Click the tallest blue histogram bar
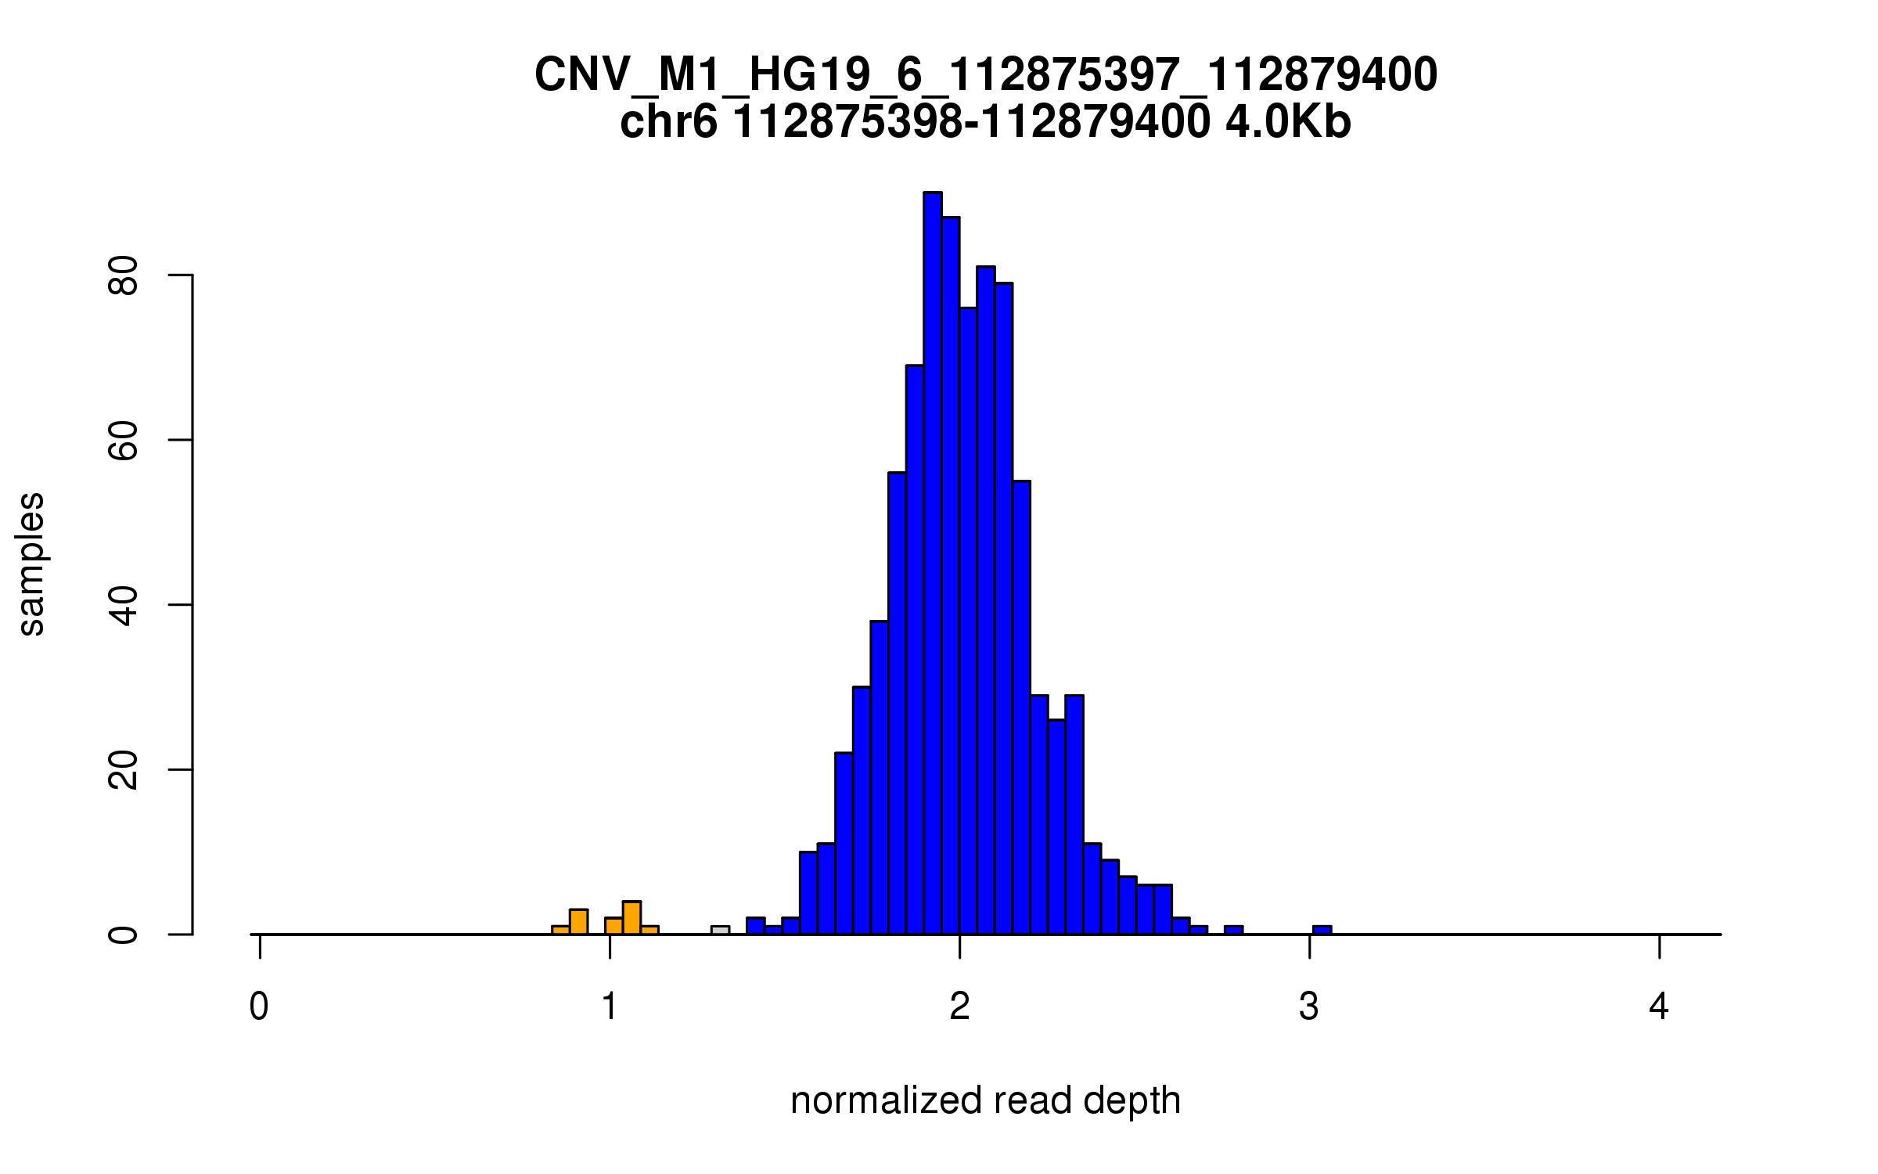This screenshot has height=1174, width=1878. pyautogui.click(x=932, y=564)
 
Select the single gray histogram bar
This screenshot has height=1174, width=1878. pyautogui.click(x=720, y=930)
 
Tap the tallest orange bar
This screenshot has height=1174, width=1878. pyautogui.click(x=631, y=918)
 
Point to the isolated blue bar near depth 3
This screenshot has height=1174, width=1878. pyautogui.click(x=1322, y=930)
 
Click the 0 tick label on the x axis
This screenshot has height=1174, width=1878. pyautogui.click(x=259, y=1007)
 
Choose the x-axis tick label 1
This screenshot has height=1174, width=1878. pyautogui.click(x=610, y=1007)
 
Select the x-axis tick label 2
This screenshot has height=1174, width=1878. pyautogui.click(x=959, y=1007)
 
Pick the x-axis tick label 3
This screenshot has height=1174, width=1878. pyautogui.click(x=1309, y=1007)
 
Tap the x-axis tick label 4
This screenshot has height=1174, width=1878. pyautogui.click(x=1659, y=1007)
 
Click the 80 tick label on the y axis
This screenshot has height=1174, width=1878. pyautogui.click(x=124, y=275)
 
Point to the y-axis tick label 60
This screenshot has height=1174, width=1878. pyautogui.click(x=124, y=441)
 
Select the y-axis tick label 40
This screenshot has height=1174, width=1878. pyautogui.click(x=124, y=605)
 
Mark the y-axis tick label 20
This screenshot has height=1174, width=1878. pyautogui.click(x=124, y=770)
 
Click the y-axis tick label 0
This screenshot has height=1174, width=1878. pyautogui.click(x=124, y=935)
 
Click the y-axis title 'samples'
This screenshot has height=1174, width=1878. pyautogui.click(x=31, y=564)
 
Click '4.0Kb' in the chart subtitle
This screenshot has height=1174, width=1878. pyautogui.click(x=1288, y=123)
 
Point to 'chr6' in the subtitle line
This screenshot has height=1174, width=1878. pyautogui.click(x=668, y=123)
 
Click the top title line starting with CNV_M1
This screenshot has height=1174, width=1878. pyautogui.click(x=985, y=76)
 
